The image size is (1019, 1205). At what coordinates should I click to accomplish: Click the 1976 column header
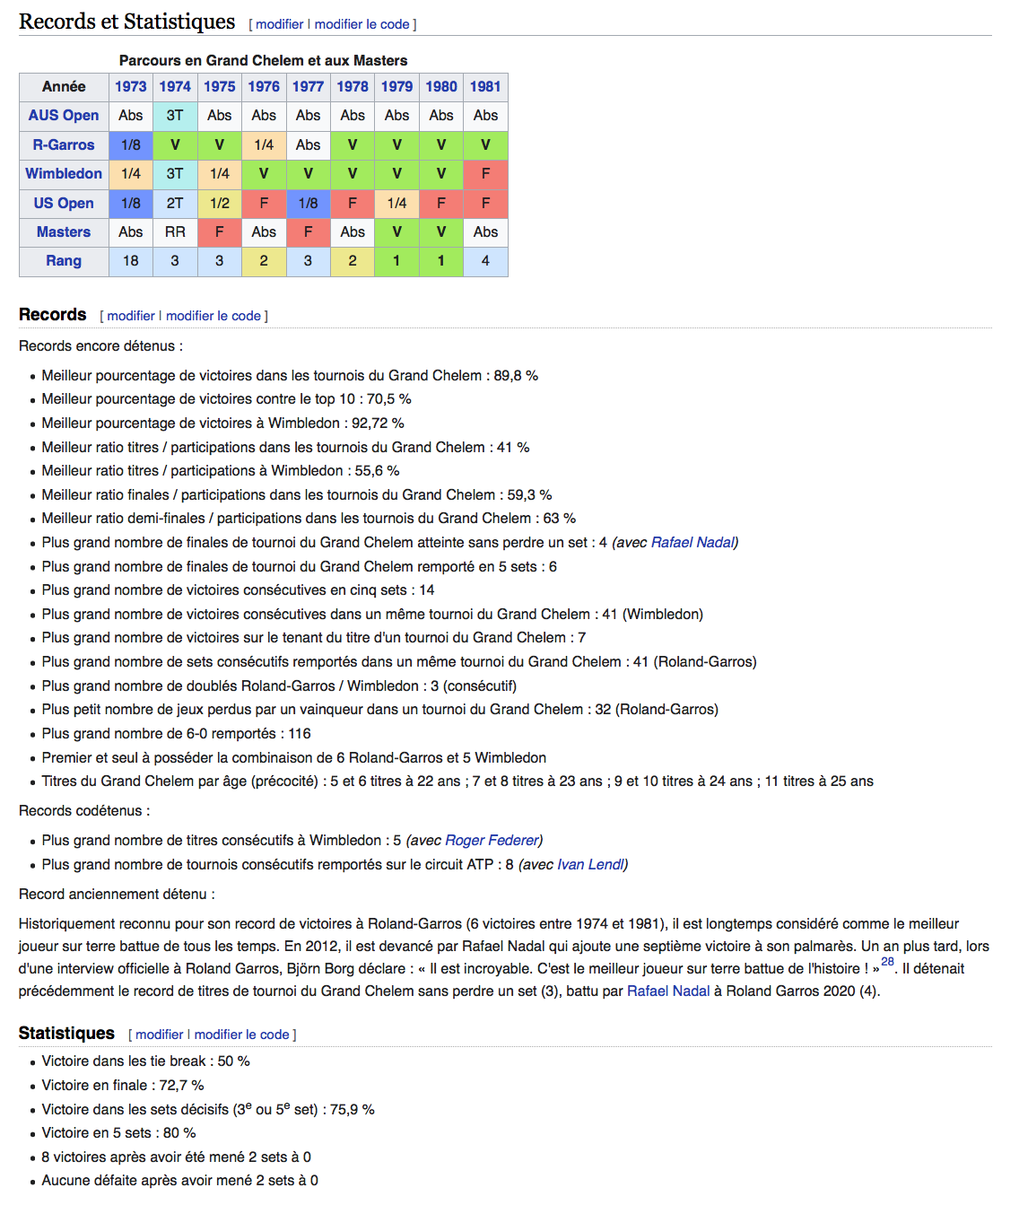(264, 86)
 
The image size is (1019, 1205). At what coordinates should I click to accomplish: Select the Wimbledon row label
(64, 173)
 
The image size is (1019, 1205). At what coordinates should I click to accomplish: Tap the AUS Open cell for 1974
(175, 115)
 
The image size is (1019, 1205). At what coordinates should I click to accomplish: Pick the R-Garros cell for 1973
(131, 144)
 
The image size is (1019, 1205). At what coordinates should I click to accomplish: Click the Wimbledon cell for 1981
(485, 173)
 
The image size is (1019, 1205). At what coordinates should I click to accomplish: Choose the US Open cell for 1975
(220, 203)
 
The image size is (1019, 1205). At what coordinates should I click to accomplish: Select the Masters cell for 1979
(396, 231)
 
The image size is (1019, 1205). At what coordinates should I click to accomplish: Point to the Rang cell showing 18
(131, 260)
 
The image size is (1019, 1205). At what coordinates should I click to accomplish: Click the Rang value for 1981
(485, 260)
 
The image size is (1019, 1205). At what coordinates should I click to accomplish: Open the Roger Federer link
(493, 840)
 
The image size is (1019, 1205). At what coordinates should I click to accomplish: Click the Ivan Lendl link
(590, 864)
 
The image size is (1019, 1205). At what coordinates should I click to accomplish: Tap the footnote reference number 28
(887, 961)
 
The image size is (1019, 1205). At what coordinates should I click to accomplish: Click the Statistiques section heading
(66, 1033)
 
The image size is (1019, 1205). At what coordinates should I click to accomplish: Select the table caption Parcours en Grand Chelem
(263, 60)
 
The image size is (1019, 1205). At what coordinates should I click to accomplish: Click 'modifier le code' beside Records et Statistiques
(361, 24)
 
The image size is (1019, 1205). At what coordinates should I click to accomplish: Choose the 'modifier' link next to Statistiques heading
(159, 1035)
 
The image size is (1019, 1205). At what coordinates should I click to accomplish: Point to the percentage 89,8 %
(516, 375)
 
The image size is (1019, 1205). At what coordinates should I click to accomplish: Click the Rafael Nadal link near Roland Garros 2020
(668, 991)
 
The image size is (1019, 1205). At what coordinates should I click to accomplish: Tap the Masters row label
(64, 231)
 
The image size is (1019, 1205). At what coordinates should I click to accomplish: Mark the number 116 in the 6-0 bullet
(300, 733)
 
